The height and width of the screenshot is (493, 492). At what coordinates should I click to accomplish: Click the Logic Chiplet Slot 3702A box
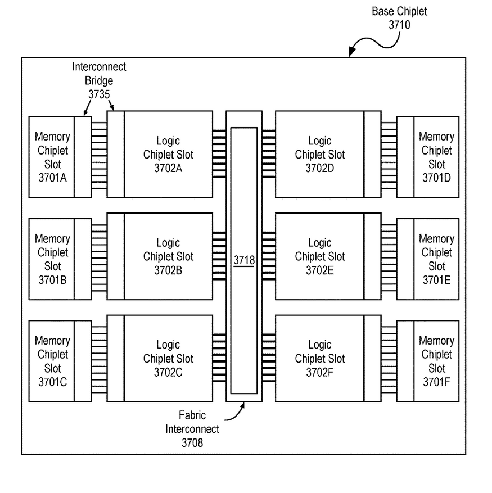pos(168,154)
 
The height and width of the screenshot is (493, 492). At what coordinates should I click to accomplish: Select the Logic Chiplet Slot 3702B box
pos(168,256)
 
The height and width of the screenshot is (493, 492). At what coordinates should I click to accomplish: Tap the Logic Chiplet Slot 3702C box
pos(168,358)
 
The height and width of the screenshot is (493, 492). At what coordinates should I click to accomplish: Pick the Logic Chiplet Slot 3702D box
pos(319,154)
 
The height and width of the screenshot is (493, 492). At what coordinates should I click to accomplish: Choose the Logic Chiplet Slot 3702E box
pos(319,256)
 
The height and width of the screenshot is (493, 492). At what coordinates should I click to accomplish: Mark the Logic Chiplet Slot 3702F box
pos(319,358)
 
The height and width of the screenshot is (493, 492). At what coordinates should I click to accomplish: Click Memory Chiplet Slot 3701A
pos(52,157)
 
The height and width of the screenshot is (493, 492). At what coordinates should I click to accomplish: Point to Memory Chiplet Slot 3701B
pos(52,259)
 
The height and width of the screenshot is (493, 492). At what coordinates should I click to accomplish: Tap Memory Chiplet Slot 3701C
pos(52,361)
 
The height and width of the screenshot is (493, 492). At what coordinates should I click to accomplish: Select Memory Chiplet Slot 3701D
pos(436,157)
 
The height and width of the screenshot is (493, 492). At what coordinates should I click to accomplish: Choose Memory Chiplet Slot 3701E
pos(436,259)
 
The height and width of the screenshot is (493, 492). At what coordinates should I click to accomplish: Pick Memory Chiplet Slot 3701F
pos(436,361)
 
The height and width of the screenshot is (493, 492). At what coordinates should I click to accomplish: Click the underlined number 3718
pos(244,261)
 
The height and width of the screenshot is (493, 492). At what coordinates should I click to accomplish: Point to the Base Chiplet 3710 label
pos(400,18)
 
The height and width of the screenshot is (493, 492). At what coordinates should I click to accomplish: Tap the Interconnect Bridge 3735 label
pos(99,80)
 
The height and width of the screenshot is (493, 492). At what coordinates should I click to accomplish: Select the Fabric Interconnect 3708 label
pos(192,429)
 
